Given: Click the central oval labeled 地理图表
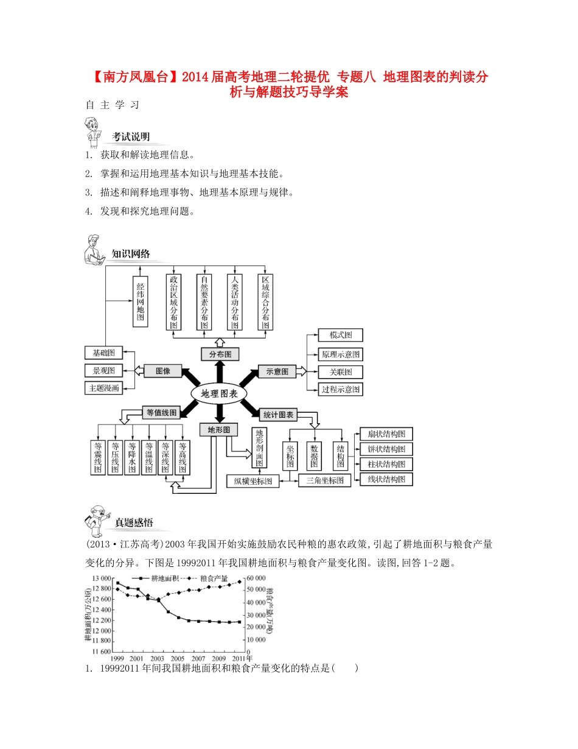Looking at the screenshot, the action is [218, 393].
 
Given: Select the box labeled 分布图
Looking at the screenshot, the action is [220, 354].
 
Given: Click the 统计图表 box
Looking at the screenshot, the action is [278, 415].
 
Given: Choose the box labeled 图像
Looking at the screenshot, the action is [162, 370].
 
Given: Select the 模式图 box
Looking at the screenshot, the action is [340, 336].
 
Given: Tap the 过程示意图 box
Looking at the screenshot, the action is [340, 389].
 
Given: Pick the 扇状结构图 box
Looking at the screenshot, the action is [386, 434].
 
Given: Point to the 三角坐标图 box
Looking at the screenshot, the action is [324, 480].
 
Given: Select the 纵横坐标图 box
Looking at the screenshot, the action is [252, 481].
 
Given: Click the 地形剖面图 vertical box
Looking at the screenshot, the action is [260, 448].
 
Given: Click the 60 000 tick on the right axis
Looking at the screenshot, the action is [256, 578].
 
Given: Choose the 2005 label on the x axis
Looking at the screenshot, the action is [177, 659].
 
